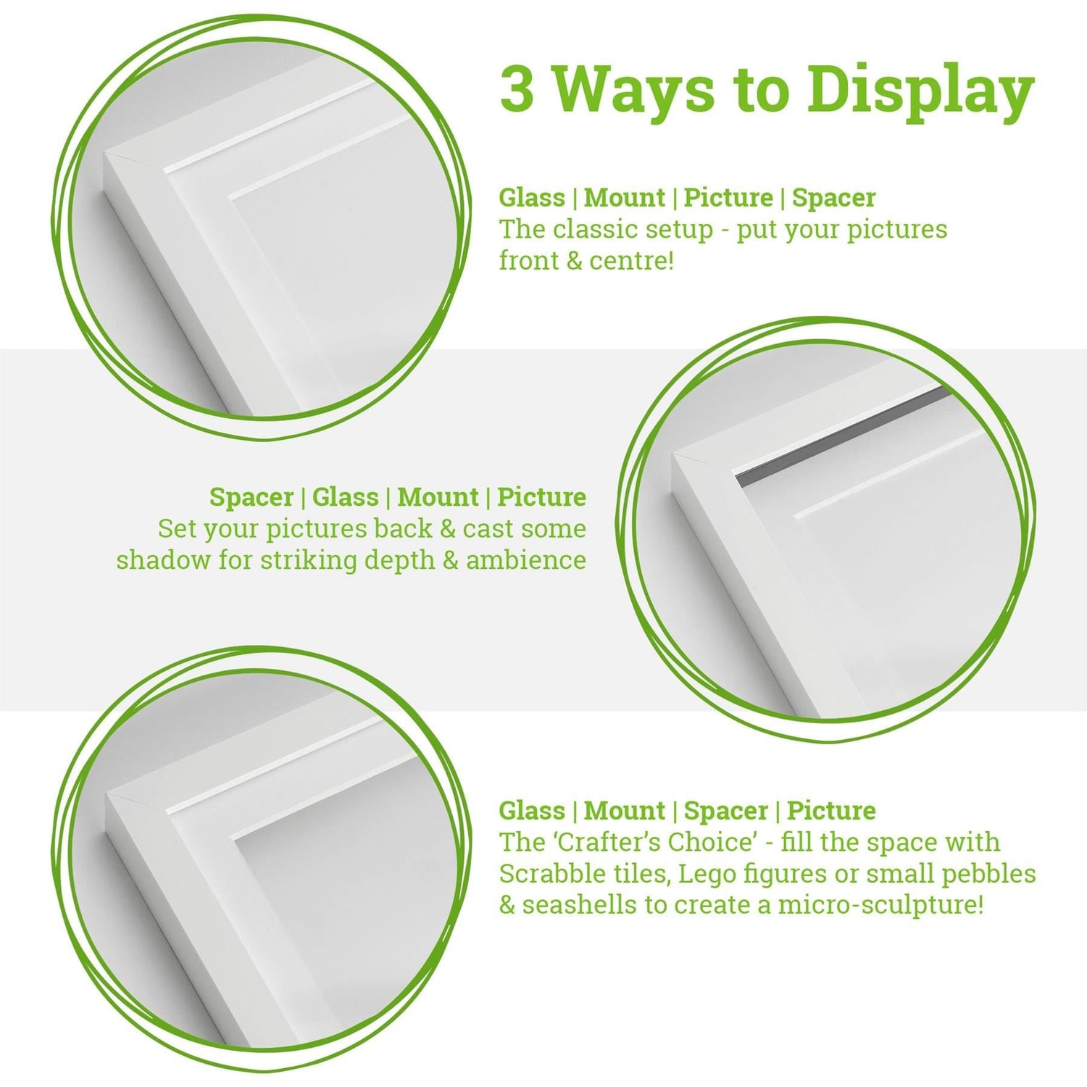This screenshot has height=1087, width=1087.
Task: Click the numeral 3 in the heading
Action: (516, 89)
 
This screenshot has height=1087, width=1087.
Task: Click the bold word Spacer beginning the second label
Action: (251, 498)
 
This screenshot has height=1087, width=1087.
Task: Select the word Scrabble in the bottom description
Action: (548, 875)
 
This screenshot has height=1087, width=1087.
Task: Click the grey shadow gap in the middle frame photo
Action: (841, 435)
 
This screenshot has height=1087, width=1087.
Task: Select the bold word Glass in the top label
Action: (531, 198)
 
